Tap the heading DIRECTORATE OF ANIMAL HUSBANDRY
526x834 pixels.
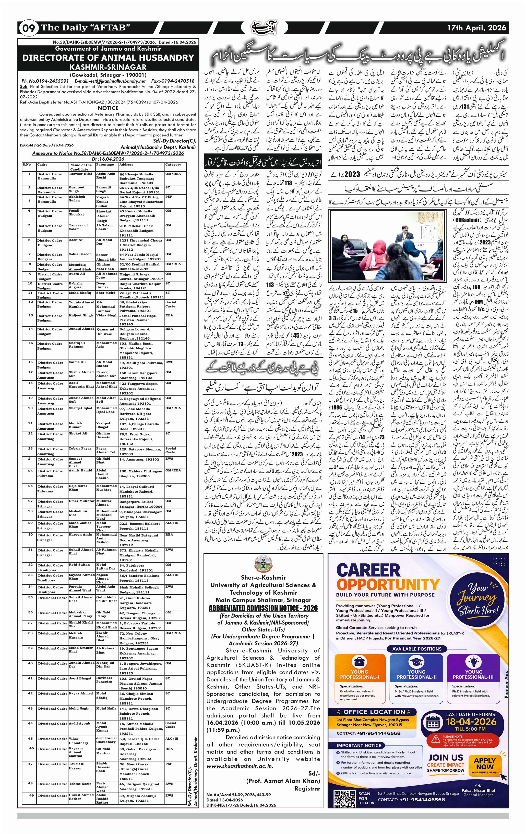108,58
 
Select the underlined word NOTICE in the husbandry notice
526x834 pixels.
108,108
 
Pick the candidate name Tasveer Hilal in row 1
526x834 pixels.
80,174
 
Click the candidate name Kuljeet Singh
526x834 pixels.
80,315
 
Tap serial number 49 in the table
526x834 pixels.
30,795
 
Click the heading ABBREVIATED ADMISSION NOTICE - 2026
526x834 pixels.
263,608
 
